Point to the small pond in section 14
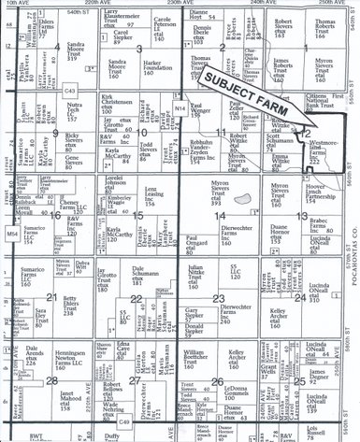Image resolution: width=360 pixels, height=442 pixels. point(243,196)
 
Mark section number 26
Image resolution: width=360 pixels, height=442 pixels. point(216,380)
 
